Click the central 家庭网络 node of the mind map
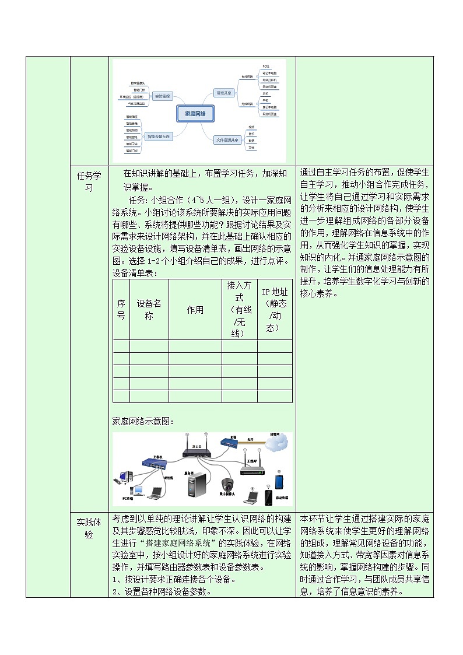(195, 114)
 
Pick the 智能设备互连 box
(158, 136)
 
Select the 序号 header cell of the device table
(121, 310)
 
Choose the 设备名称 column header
(149, 310)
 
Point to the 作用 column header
(195, 310)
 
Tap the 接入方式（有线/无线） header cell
(239, 310)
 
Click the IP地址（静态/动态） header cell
(274, 310)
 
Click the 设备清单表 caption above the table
(135, 272)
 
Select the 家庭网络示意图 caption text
(143, 421)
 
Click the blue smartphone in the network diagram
(279, 482)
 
